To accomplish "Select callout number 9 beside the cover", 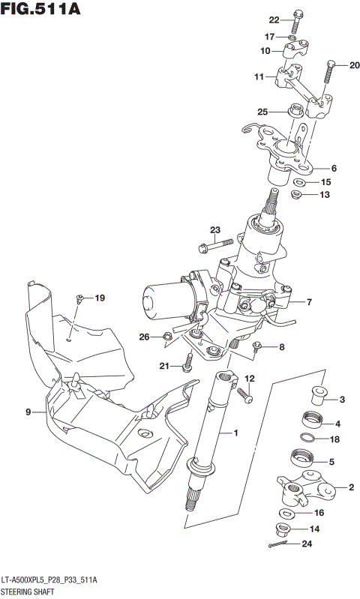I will (28, 412).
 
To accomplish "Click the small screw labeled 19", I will (78, 301).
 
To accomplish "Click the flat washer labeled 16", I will (288, 514).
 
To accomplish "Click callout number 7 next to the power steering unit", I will (308, 302).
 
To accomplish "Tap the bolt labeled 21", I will (187, 364).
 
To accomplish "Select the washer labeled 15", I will (300, 182).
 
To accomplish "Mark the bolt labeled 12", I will (244, 392).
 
